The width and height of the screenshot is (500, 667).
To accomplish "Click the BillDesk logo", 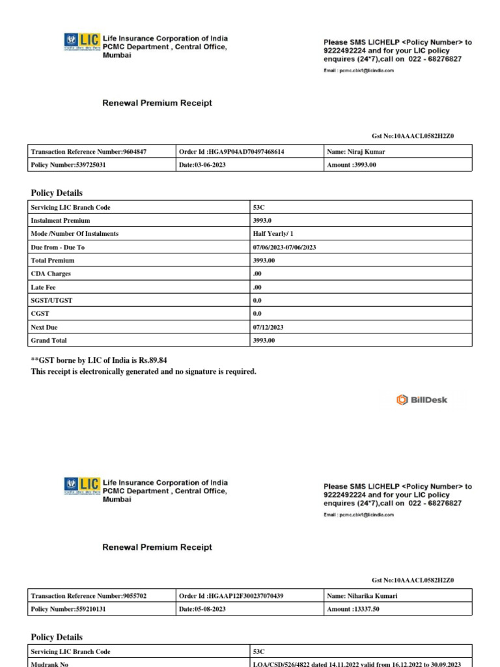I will click(422, 400).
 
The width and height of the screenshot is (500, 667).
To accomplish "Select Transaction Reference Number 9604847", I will click(89, 152).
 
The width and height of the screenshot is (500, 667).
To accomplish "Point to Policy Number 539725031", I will click(68, 165).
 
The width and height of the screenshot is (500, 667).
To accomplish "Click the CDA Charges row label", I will click(51, 274).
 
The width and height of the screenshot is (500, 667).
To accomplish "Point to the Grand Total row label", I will click(49, 341).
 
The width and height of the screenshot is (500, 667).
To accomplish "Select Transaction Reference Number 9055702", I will click(89, 596).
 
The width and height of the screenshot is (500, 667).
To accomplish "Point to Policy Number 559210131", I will click(68, 610).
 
